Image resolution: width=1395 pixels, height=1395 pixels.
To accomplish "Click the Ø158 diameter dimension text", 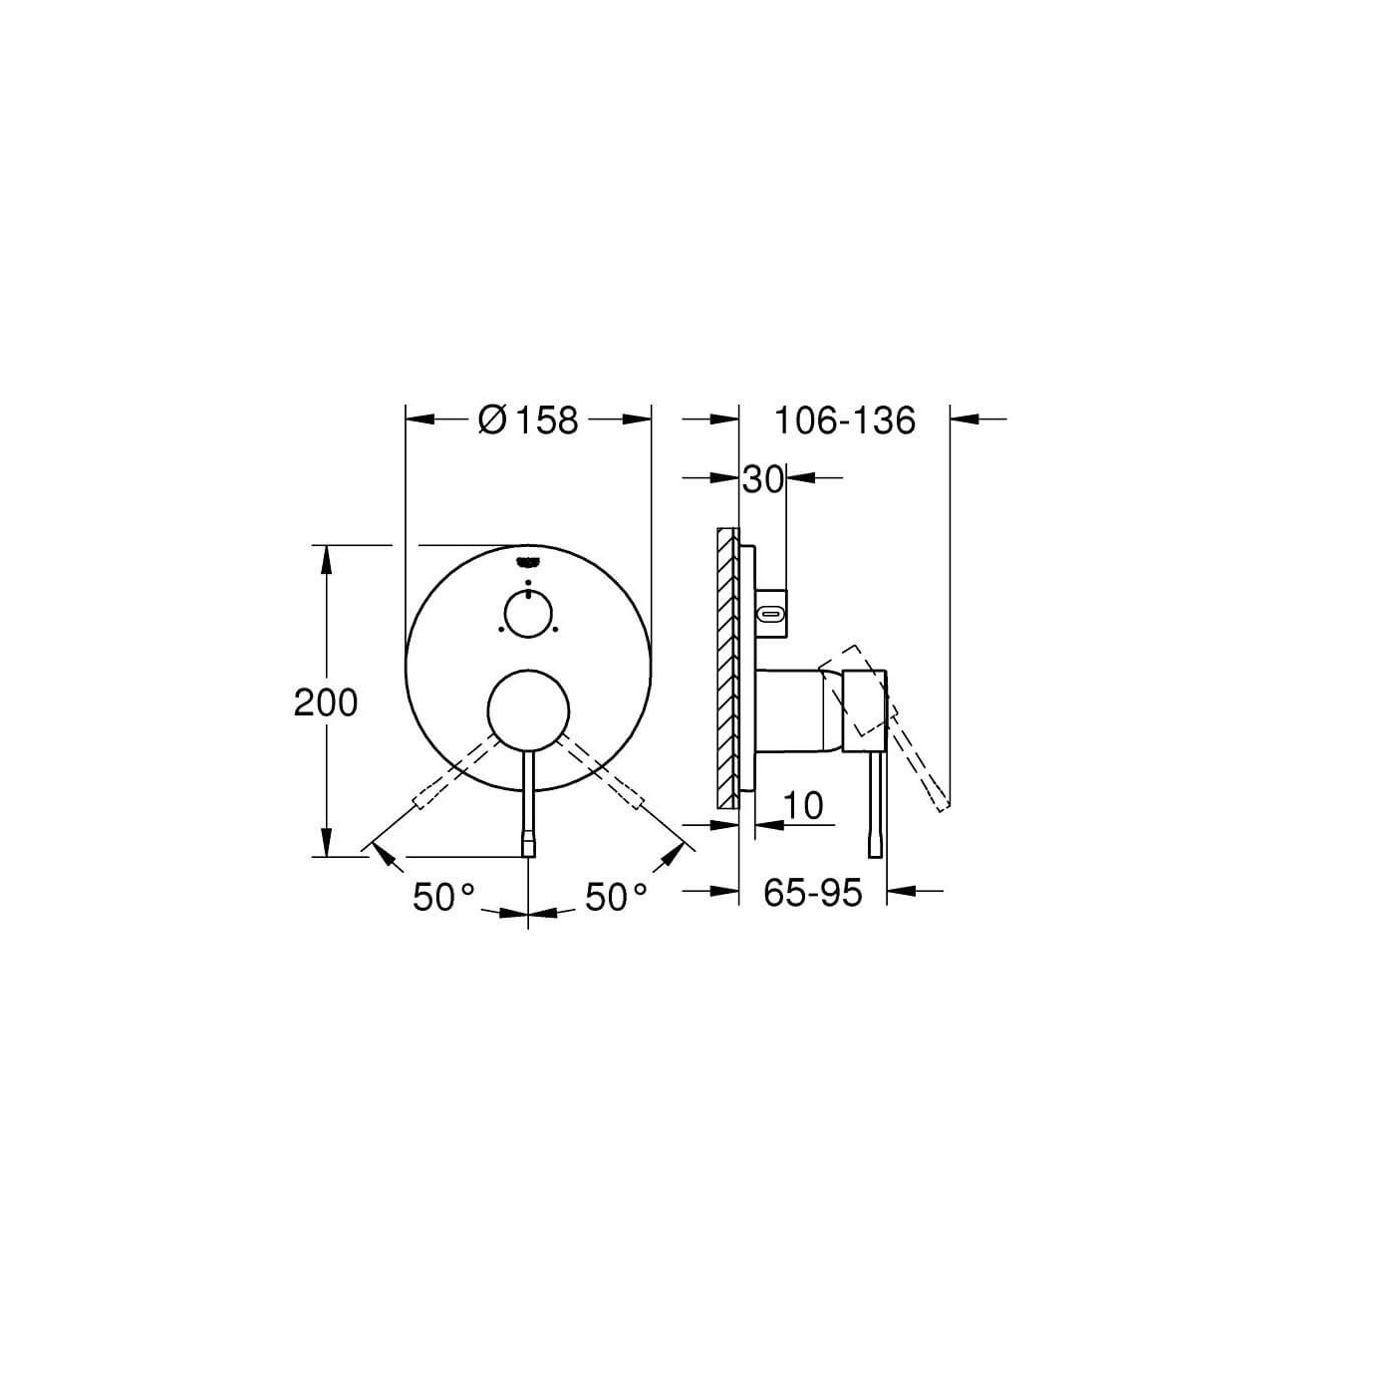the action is tap(528, 420).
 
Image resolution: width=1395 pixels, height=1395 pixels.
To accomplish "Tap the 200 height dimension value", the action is tap(326, 702).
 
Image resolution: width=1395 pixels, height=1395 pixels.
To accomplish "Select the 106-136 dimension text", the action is tap(845, 420).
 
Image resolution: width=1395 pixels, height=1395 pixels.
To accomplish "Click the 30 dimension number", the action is tap(763, 479).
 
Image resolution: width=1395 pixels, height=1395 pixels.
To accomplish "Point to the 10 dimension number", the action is tap(803, 805).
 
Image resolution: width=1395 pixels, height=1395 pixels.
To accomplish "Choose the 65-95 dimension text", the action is tap(812, 893).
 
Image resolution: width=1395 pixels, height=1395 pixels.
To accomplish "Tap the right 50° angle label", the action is tap(616, 898).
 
